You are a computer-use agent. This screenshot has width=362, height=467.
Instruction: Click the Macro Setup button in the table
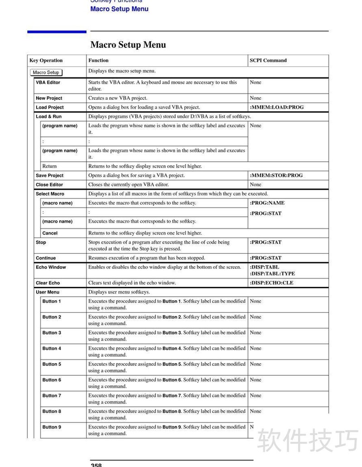click(46, 72)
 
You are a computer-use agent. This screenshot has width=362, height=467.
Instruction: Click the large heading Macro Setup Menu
click(128, 45)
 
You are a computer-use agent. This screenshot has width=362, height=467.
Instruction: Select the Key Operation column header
click(46, 61)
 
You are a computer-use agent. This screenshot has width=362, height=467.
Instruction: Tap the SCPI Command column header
click(268, 61)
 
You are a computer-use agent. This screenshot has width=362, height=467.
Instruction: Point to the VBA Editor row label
click(48, 83)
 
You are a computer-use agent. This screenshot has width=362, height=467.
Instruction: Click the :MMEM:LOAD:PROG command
click(277, 107)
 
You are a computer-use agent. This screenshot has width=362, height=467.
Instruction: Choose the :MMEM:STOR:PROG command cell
click(276, 175)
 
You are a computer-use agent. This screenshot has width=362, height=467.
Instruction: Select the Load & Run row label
click(49, 117)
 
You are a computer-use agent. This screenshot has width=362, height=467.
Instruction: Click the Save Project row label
click(50, 175)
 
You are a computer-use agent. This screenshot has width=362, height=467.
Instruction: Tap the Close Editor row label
click(50, 185)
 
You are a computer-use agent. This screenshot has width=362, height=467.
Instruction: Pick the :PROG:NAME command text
click(267, 203)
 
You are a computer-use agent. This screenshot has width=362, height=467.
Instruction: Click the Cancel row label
click(50, 233)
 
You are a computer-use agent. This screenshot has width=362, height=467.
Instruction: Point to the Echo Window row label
click(51, 267)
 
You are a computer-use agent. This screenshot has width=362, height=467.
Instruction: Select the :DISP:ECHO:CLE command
click(271, 283)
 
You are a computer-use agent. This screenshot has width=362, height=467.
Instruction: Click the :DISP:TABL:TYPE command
click(272, 274)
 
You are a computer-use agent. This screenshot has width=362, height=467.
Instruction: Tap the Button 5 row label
click(52, 364)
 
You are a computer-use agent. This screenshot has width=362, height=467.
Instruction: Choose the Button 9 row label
click(52, 427)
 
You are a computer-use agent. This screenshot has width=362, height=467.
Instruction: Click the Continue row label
click(46, 258)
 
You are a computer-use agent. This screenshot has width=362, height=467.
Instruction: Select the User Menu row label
click(48, 292)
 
